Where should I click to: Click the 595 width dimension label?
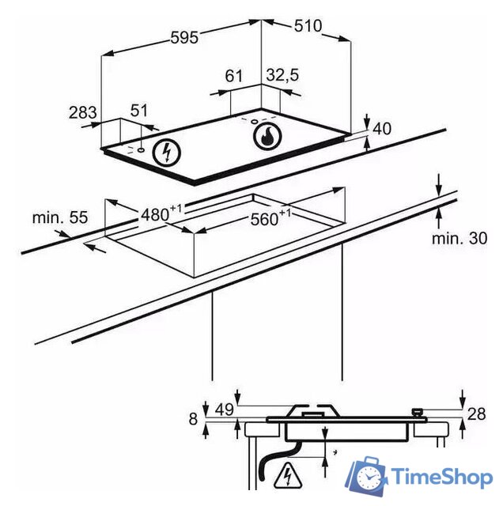(184, 37)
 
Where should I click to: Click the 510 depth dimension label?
(308, 26)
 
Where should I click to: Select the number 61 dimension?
(233, 76)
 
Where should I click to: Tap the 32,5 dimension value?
(283, 75)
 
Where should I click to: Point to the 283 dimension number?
(83, 112)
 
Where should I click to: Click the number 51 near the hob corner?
(139, 111)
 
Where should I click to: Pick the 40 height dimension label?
(382, 128)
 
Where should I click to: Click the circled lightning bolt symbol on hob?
(167, 153)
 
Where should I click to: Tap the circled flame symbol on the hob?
(267, 137)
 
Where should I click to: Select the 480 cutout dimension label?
(161, 213)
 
